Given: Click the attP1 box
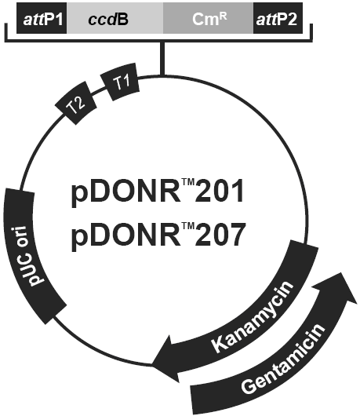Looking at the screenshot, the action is (42, 18).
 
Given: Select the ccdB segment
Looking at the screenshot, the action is (115, 18).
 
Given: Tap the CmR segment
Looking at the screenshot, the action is (208, 18).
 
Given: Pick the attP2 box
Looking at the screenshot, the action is (278, 18).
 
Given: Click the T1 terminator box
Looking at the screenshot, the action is (120, 82).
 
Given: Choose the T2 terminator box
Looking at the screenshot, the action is (75, 104).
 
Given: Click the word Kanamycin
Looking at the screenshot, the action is (253, 317).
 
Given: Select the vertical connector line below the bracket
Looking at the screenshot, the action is (162, 58).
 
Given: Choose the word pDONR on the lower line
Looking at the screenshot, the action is (125, 236).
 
